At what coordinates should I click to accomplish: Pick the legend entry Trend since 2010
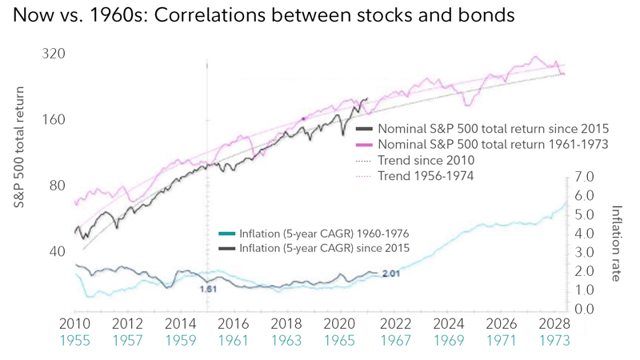pyautogui.click(x=426, y=160)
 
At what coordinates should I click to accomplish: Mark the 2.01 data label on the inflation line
pyautogui.click(x=392, y=274)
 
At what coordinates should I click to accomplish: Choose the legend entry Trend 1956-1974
pyautogui.click(x=426, y=175)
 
